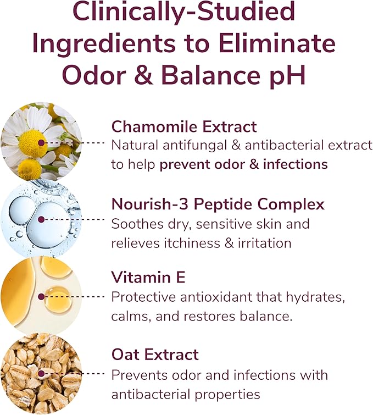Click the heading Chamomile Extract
click(x=184, y=127)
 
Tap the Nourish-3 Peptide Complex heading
click(x=218, y=204)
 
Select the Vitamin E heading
click(x=148, y=277)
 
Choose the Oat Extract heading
click(x=155, y=355)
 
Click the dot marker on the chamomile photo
click(x=42, y=142)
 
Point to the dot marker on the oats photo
click(x=42, y=373)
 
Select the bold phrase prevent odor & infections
click(x=243, y=164)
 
